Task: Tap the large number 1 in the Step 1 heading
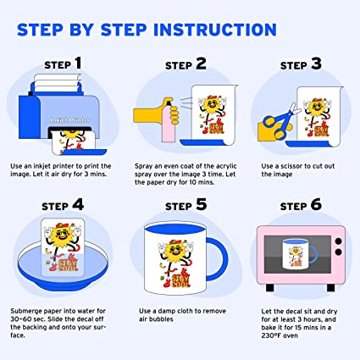79,63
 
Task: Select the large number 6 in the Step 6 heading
316,204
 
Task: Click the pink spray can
169,120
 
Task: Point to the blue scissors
280,121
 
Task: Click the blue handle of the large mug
223,258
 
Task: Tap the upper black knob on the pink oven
338,242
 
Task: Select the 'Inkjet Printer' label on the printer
70,119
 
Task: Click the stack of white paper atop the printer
58,82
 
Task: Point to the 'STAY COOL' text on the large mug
181,281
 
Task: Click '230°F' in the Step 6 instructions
272,335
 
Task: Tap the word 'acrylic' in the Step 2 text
226,166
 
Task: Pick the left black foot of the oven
270,287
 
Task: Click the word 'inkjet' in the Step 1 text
40,166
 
